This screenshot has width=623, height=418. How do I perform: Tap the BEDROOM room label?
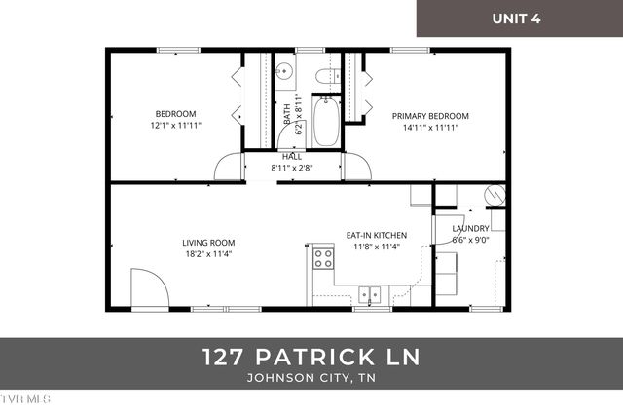175,113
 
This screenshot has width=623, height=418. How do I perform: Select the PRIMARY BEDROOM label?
430,115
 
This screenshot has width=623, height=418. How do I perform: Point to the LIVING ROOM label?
208,243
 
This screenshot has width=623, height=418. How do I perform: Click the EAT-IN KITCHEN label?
377,235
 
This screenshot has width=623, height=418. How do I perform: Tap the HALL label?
292,156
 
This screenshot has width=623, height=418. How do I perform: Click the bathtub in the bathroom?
326,121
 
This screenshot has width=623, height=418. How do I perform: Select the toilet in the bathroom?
326,73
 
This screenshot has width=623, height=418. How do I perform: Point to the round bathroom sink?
284,70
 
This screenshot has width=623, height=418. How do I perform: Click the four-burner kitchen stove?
321,259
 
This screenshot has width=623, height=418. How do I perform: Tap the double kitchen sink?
368,292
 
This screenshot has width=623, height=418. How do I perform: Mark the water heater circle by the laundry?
495,195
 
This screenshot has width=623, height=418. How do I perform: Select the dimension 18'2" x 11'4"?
208,254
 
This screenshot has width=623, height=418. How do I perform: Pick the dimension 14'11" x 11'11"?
430,127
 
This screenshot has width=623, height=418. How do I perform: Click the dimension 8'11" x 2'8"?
292,168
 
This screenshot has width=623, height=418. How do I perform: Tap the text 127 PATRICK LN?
311,357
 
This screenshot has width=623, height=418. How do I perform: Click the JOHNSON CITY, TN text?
311,378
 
